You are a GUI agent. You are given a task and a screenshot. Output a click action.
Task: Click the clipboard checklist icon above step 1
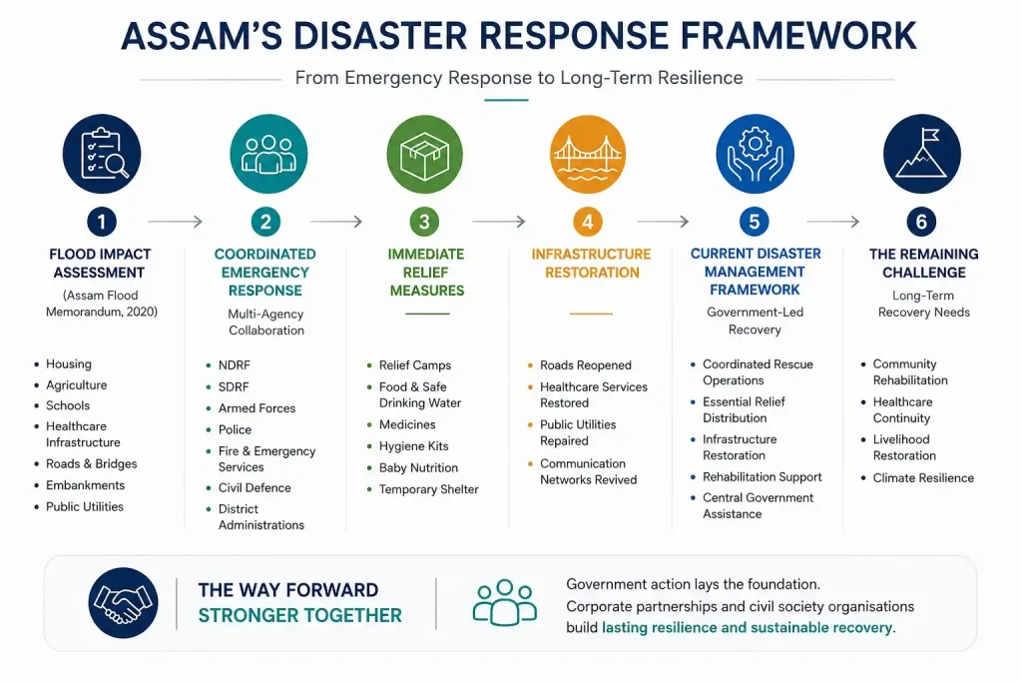coord(102,154)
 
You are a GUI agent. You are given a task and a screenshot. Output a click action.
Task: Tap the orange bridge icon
coord(588,154)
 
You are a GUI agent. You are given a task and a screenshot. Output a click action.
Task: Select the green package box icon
coord(424,154)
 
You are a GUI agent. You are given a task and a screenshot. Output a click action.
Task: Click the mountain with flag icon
coord(921,154)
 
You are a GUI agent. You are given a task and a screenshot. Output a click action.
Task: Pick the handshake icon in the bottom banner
coord(123,602)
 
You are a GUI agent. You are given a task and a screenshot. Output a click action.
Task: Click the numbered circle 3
coord(424,222)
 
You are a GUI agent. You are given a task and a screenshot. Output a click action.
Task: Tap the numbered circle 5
coord(755,222)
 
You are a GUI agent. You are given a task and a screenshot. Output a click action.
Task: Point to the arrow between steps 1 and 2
coord(176,222)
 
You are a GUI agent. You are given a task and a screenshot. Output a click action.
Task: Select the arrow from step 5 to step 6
coord(833,222)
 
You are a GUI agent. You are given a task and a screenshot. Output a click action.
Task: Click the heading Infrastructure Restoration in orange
coord(591,263)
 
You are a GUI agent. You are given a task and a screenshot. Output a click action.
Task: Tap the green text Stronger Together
coord(299,615)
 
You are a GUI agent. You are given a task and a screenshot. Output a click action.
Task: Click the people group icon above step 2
coord(268,154)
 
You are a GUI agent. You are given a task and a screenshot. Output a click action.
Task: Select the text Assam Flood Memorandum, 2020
coord(102,304)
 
